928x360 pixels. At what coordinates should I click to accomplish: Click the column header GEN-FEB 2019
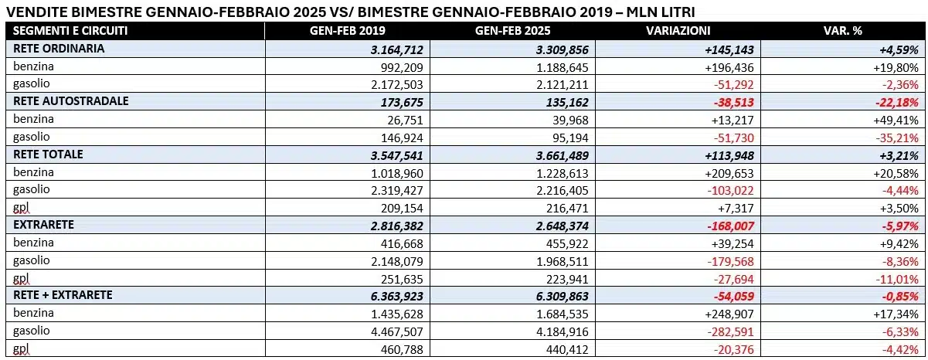(x=347, y=31)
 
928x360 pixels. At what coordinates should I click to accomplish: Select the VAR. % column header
(x=843, y=31)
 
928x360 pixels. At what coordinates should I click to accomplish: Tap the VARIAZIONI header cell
(x=678, y=31)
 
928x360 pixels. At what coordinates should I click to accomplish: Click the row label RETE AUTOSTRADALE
(x=71, y=101)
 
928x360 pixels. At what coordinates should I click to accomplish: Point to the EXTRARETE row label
(x=43, y=225)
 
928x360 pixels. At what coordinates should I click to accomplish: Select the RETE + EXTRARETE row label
(x=63, y=295)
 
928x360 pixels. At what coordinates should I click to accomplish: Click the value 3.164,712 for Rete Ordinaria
(x=397, y=50)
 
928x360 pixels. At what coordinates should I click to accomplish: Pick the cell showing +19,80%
(x=896, y=67)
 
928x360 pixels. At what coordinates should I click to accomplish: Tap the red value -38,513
(x=734, y=103)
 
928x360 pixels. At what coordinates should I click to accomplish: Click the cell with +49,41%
(x=896, y=121)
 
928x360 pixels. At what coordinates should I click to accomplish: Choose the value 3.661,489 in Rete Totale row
(x=563, y=156)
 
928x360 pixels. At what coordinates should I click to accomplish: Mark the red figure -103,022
(x=730, y=191)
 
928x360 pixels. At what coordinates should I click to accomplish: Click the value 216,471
(x=567, y=208)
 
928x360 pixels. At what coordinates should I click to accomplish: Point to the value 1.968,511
(x=563, y=261)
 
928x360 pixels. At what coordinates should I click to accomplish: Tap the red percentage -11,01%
(x=897, y=279)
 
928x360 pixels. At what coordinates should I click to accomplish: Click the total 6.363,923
(x=397, y=297)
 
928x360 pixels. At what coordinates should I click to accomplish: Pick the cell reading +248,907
(x=729, y=314)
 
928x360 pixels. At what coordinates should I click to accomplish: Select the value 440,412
(x=567, y=350)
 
